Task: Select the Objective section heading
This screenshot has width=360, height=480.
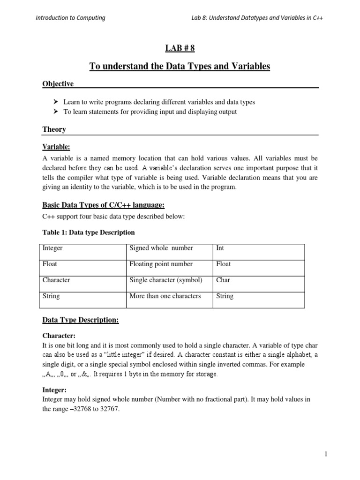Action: (x=58, y=83)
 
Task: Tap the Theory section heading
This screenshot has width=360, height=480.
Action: (x=54, y=129)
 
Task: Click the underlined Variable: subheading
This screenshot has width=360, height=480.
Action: (x=56, y=147)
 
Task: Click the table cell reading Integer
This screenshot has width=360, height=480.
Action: (x=52, y=248)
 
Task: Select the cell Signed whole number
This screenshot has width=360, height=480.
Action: (x=161, y=248)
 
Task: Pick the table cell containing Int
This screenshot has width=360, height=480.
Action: (x=220, y=248)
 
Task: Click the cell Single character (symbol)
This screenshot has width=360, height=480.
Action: (x=165, y=280)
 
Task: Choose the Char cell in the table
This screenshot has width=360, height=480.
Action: (x=223, y=280)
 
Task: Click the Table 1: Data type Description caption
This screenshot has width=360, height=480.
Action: (x=89, y=232)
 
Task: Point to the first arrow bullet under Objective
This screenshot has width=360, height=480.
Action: (x=55, y=102)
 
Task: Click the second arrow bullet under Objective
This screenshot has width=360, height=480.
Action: (x=55, y=112)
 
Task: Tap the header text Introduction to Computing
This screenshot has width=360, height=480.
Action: (x=70, y=18)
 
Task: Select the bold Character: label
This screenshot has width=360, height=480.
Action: (x=59, y=336)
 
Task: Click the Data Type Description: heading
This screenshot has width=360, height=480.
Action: (x=81, y=320)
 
